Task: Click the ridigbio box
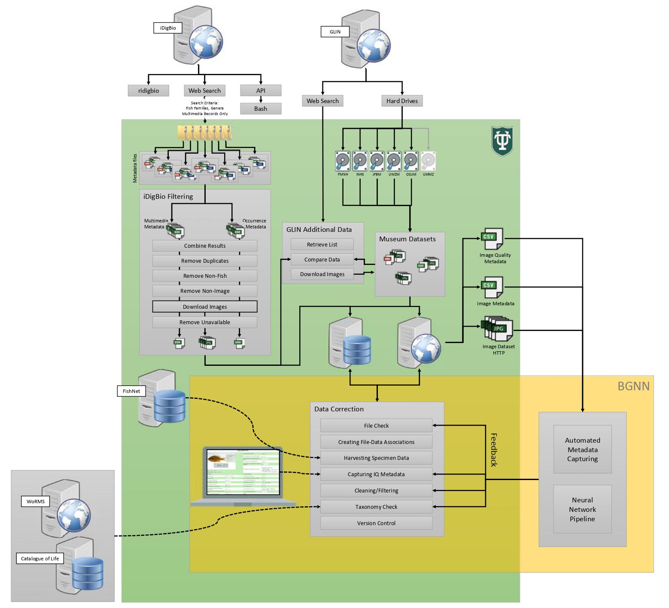point(149,91)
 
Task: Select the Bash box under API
point(261,109)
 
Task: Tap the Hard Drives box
point(402,101)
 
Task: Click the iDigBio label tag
point(168,28)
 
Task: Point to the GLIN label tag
point(335,32)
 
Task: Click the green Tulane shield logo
point(502,141)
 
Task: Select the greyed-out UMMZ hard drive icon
point(428,161)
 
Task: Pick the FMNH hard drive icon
point(343,161)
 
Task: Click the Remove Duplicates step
point(205,261)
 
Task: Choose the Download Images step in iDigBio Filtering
point(205,307)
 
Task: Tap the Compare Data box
point(322,259)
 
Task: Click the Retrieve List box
point(322,244)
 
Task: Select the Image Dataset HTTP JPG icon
point(498,329)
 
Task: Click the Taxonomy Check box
point(376,507)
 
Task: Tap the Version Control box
point(376,523)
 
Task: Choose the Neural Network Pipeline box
point(582,509)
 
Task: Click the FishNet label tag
point(131,391)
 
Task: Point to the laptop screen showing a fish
point(243,472)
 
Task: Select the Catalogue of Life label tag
point(40,559)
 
